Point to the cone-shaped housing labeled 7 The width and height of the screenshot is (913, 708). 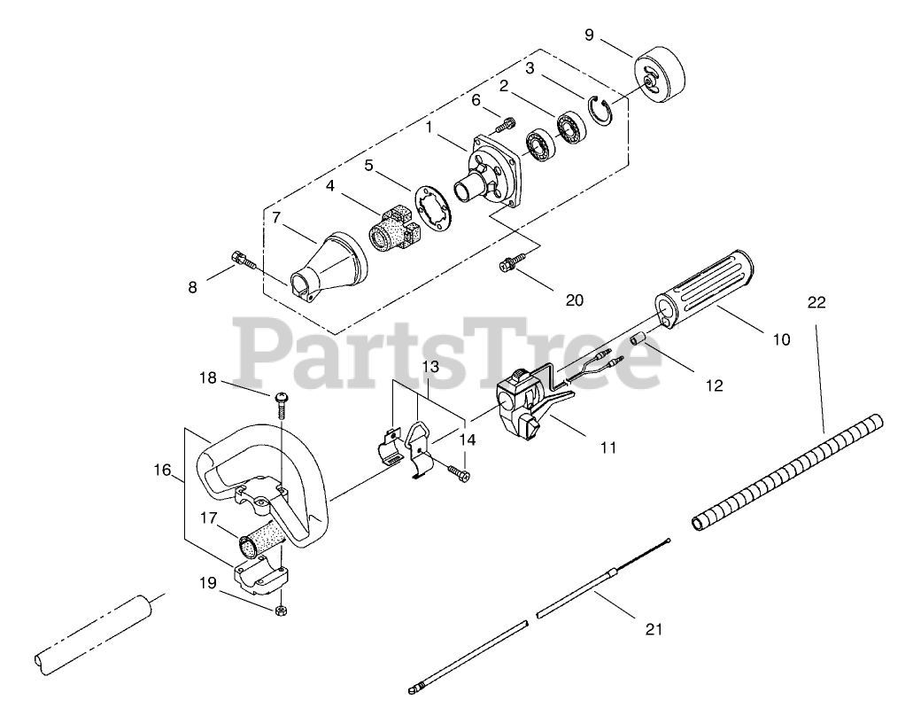(x=323, y=261)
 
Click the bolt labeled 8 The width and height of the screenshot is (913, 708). (x=244, y=261)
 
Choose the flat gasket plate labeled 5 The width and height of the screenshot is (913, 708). (x=432, y=209)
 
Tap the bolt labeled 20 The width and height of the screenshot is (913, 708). (x=513, y=263)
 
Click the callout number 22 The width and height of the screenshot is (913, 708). (x=816, y=302)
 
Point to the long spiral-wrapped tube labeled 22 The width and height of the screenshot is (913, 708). (x=788, y=470)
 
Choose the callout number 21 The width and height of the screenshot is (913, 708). (x=654, y=629)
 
